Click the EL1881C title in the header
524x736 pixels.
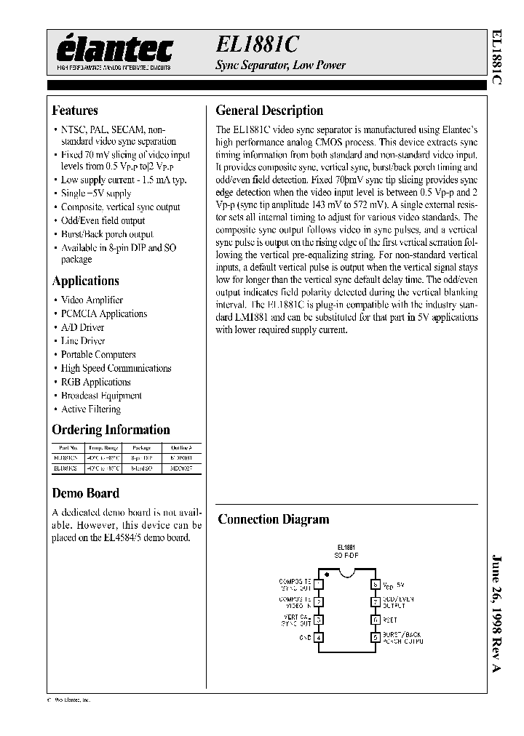tap(256, 44)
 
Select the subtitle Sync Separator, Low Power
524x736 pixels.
tap(280, 65)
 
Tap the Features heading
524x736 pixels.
tap(75, 111)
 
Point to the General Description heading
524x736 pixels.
tap(269, 111)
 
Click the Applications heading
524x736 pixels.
tap(86, 281)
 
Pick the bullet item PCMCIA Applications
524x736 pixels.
tap(104, 313)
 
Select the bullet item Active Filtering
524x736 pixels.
tap(91, 409)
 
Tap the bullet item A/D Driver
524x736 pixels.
tap(83, 327)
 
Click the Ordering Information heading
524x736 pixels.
tap(111, 430)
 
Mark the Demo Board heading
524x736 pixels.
tap(86, 493)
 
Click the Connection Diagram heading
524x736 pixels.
tap(274, 519)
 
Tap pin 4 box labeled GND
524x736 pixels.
tap(318, 638)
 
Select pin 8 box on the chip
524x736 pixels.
tap(376, 584)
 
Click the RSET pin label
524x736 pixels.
tap(390, 620)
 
